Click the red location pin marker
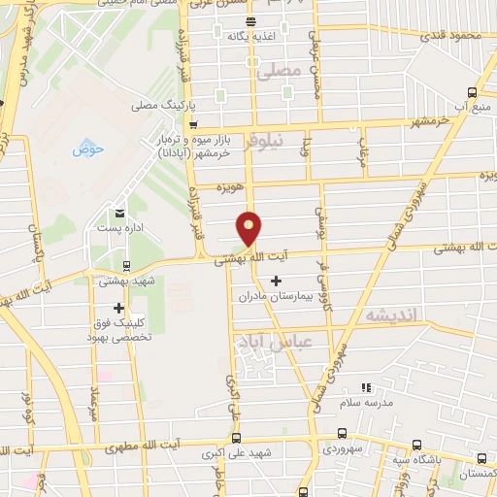[249, 227]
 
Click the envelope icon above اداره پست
[119, 213]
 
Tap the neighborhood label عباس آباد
[260, 342]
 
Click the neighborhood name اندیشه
[389, 316]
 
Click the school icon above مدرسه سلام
[366, 387]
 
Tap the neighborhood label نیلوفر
[263, 142]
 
